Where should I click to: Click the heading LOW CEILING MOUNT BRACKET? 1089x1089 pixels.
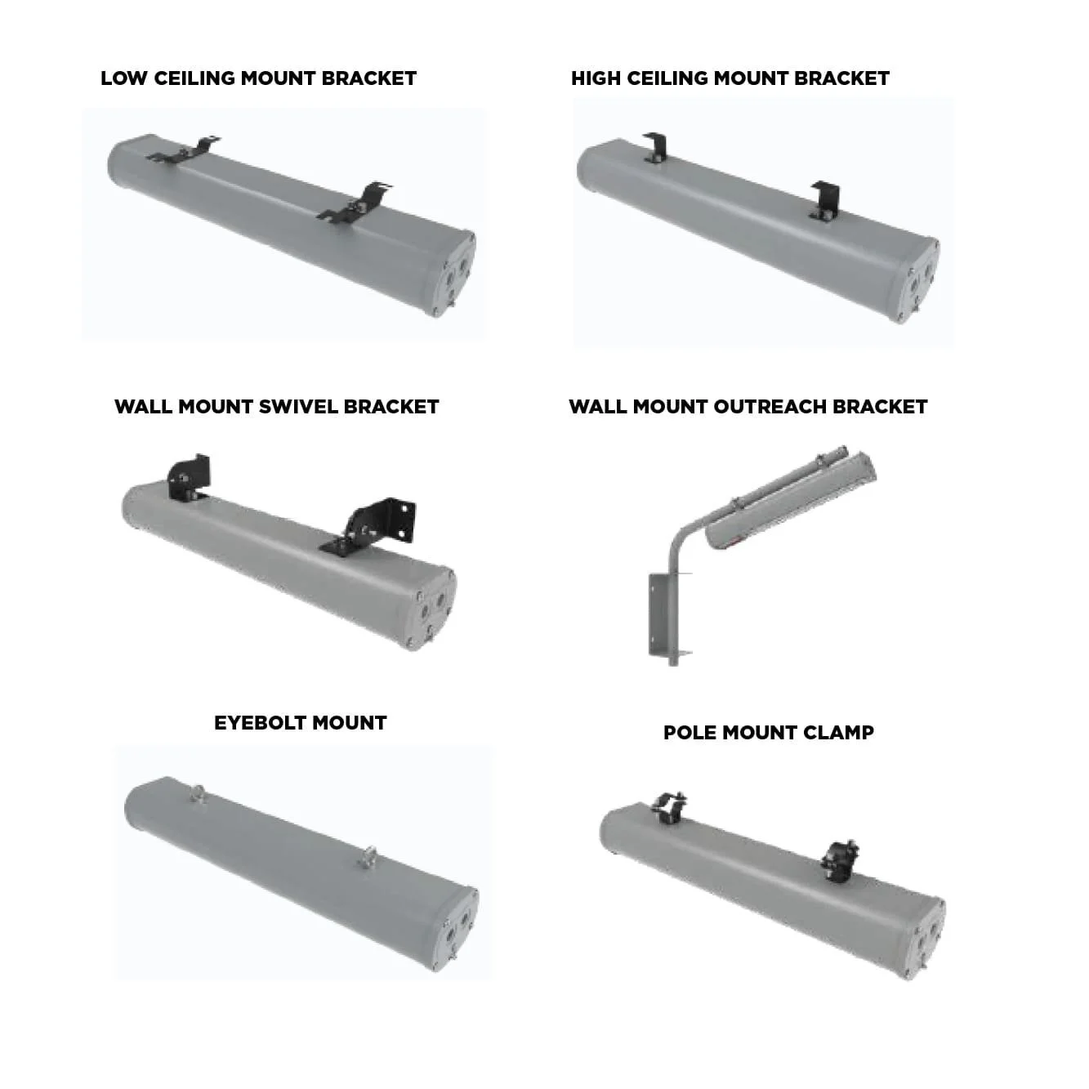click(258, 78)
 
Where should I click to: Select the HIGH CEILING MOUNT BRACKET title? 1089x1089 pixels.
click(730, 78)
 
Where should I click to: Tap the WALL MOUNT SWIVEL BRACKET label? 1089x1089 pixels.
click(276, 407)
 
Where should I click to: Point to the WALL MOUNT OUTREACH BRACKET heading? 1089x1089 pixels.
click(748, 407)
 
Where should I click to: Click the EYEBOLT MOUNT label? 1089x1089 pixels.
click(300, 723)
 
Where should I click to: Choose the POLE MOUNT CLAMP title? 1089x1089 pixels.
click(768, 733)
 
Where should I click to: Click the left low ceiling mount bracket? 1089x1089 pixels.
click(185, 151)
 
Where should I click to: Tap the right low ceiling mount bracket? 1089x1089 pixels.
click(356, 204)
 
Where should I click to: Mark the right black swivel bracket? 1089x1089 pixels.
click(377, 524)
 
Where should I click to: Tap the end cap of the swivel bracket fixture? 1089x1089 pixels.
click(435, 608)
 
